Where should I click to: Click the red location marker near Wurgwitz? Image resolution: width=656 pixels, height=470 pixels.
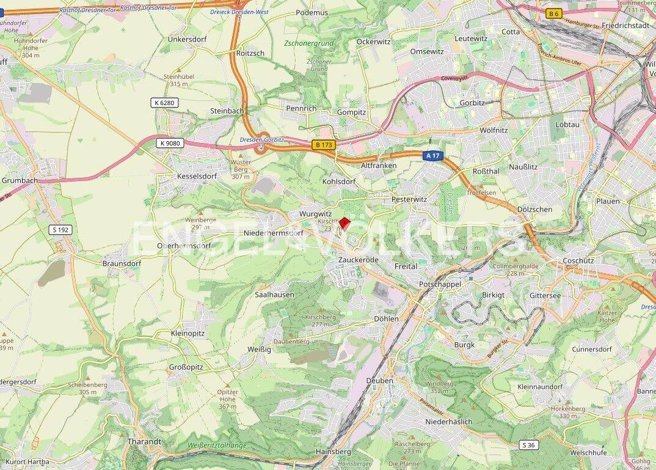(344, 224)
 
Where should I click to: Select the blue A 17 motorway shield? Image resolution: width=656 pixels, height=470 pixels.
(432, 156)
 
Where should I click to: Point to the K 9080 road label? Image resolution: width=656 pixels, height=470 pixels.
(169, 143)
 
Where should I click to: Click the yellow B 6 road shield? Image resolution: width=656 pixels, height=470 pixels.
(554, 13)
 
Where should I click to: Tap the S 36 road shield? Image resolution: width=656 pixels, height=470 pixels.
(529, 445)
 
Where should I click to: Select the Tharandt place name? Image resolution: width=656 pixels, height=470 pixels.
(144, 441)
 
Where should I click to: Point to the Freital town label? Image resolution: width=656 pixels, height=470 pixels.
(406, 266)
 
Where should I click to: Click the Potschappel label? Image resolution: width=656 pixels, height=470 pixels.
(440, 285)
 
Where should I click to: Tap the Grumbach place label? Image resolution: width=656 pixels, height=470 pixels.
(20, 181)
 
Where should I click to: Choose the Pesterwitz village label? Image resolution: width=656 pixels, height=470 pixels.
(409, 199)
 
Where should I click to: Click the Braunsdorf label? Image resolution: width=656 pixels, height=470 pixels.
(122, 263)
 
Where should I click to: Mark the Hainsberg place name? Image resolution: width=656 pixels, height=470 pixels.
(333, 451)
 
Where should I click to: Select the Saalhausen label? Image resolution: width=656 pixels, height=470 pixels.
(274, 295)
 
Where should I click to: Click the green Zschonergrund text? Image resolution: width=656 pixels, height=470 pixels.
(309, 43)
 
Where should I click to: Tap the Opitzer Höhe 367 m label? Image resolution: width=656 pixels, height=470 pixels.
(227, 398)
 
